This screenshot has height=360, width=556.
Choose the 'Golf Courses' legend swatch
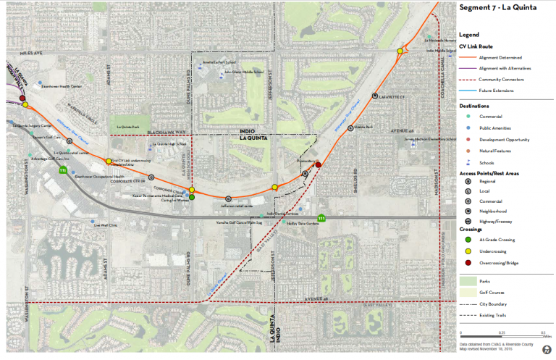click(x=469, y=293)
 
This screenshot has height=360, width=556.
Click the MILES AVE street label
click(x=33, y=52)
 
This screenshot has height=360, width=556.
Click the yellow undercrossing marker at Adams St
click(x=109, y=161)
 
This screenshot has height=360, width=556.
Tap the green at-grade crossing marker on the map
click(x=192, y=196)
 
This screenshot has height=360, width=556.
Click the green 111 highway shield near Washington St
click(x=63, y=171)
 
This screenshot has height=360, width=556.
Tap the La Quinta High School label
click(x=169, y=145)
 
